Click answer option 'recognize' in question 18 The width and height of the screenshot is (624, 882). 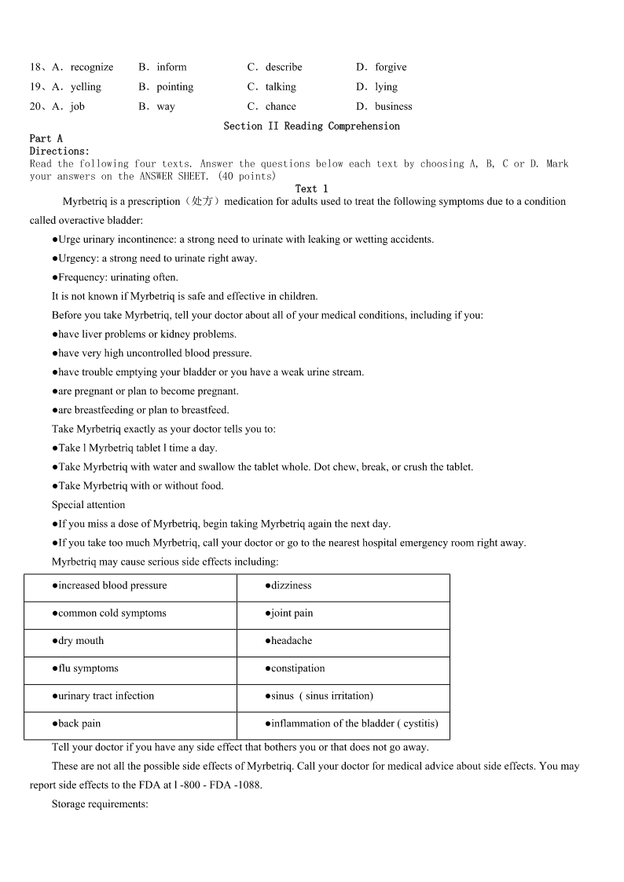(x=91, y=68)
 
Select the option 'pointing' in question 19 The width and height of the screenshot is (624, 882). (x=174, y=87)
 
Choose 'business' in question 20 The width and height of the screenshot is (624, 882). (x=393, y=107)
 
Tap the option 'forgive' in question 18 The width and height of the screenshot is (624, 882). (x=391, y=68)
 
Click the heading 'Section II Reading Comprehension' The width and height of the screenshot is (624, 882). (x=311, y=126)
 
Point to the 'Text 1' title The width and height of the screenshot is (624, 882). (x=311, y=188)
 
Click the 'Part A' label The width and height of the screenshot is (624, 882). (x=46, y=138)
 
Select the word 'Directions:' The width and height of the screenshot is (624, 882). (x=60, y=151)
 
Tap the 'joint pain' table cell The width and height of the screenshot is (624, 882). (x=292, y=613)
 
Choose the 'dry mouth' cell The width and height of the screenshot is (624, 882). (x=81, y=641)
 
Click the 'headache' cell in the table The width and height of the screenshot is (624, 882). (x=291, y=641)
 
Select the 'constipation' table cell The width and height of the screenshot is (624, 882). (x=297, y=668)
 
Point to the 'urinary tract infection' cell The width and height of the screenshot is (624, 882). (x=106, y=696)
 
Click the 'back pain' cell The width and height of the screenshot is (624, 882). (x=79, y=723)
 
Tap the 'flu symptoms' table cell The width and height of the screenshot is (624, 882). (x=88, y=668)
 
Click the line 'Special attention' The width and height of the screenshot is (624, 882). (x=88, y=505)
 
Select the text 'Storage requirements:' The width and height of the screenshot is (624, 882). (x=100, y=804)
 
